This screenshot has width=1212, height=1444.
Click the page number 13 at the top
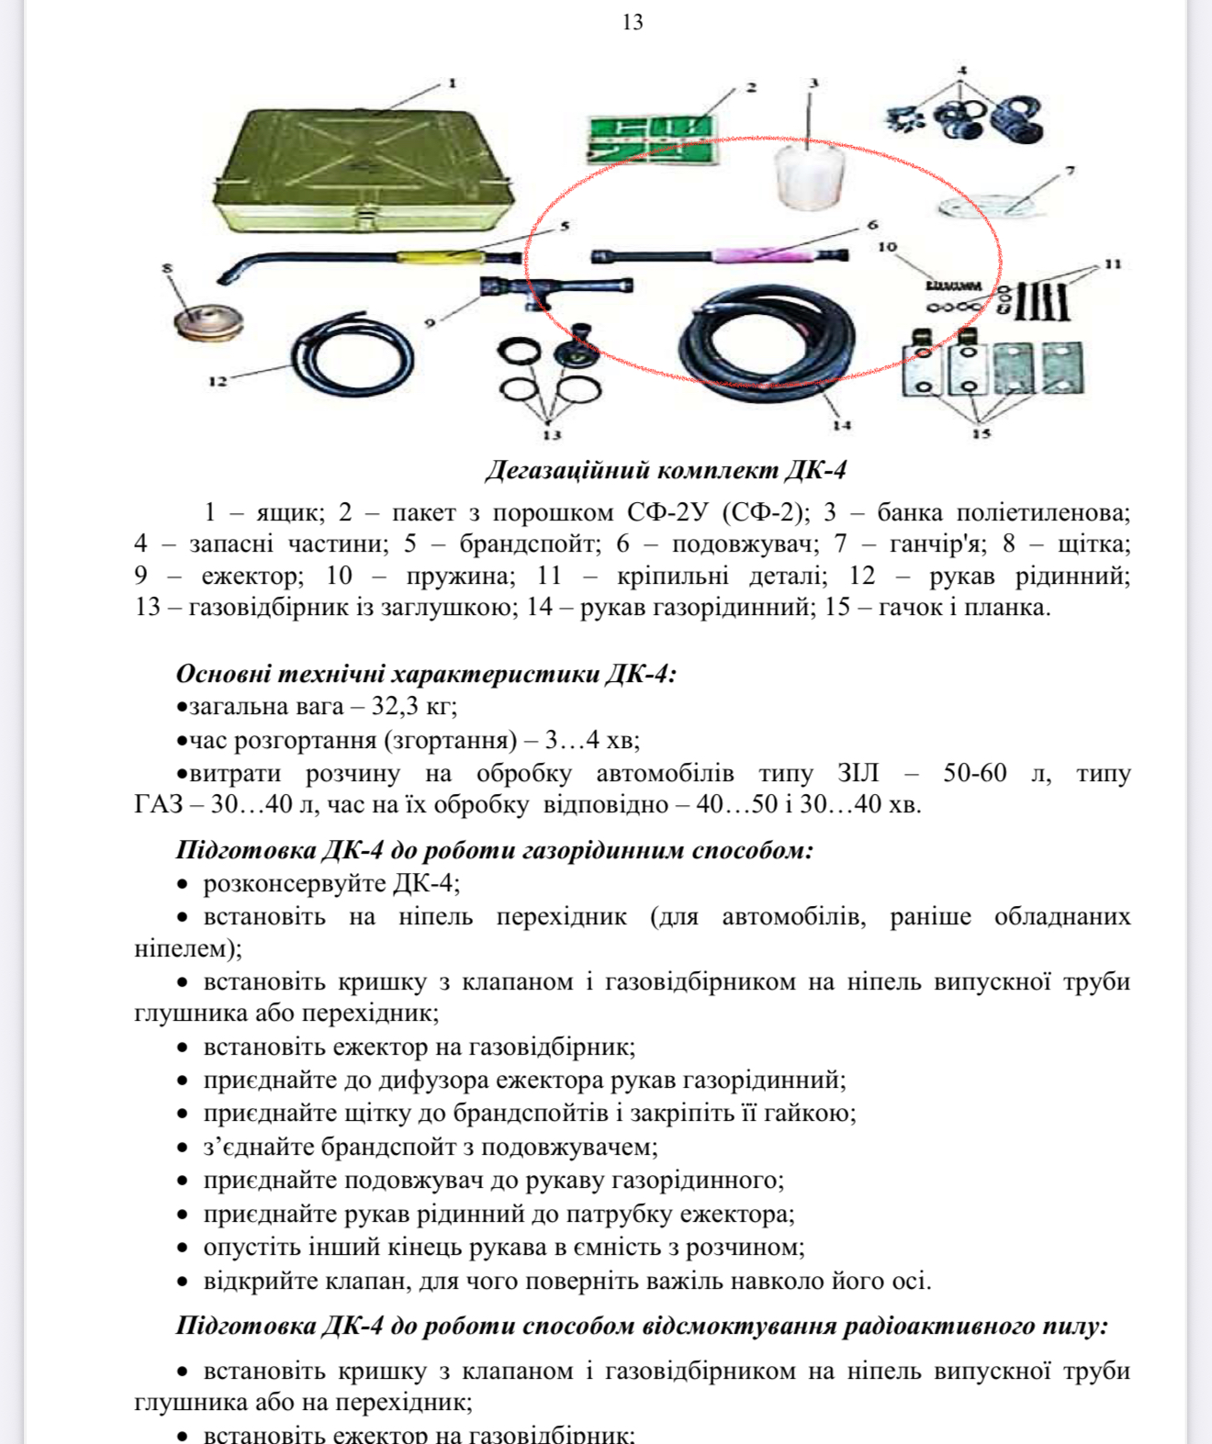pos(633,22)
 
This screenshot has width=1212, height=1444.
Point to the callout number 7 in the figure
pos(1070,170)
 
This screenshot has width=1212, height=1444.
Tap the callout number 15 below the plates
pos(981,433)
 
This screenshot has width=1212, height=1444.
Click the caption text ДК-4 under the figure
pos(815,470)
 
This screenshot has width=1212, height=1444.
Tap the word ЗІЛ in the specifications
pos(858,772)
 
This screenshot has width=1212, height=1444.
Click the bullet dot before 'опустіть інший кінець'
pos(183,1248)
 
